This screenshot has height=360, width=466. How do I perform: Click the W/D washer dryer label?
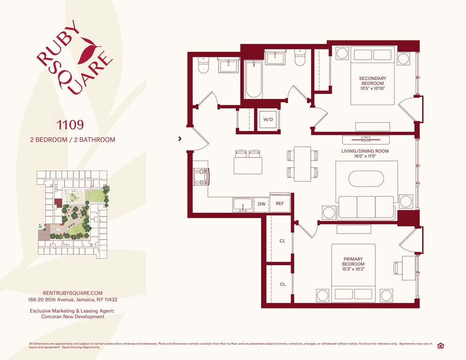268,120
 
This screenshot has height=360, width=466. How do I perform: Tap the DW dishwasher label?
261,204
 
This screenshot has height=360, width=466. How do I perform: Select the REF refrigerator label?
280,203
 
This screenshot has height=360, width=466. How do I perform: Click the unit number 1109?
70,125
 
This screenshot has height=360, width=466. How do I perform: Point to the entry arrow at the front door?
180,139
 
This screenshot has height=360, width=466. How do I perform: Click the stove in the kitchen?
201,176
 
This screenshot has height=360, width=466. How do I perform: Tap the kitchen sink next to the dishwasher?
243,205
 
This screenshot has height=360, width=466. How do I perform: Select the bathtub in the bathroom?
254,80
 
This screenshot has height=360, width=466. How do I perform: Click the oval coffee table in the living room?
366,179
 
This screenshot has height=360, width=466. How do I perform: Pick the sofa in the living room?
366,208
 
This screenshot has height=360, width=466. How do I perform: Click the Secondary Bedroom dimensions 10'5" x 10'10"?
372,88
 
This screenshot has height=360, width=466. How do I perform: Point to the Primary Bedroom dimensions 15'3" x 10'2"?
353,269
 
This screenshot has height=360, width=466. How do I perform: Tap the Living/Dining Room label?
365,151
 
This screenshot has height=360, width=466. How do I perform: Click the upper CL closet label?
282,241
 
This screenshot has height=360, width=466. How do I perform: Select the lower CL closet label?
283,284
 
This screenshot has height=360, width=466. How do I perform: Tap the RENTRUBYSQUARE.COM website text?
73,293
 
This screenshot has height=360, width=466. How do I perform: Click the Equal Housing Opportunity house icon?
440,346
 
